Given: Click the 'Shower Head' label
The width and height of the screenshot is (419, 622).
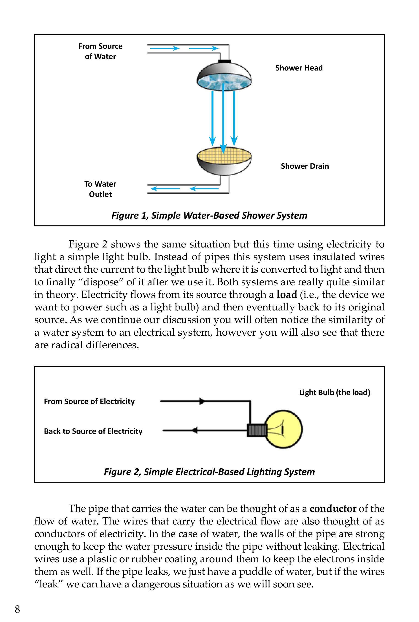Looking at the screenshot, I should tap(299, 68).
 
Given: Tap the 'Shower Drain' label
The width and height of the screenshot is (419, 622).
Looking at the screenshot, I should tap(305, 166).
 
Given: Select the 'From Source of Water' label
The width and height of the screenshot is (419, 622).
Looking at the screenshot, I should tap(100, 51).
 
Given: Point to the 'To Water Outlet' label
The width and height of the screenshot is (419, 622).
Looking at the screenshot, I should tap(100, 189).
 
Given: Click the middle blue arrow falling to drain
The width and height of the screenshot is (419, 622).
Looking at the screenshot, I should tap(223, 120).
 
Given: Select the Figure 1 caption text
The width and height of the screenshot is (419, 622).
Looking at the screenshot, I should tap(209, 215).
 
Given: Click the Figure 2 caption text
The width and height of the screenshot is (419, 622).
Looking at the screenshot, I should tap(209, 472).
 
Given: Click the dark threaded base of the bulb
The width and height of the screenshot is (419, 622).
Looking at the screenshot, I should tap(257, 430).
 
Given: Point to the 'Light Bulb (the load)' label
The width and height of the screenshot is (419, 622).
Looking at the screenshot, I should tap(335, 392).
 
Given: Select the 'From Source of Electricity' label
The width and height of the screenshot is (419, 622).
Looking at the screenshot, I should tap(89, 402).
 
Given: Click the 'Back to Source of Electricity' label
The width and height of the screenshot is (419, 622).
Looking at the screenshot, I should tap(93, 431).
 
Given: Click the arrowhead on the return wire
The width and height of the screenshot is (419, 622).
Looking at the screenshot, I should tap(195, 430).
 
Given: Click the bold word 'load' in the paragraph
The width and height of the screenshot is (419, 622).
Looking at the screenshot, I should tap(287, 295).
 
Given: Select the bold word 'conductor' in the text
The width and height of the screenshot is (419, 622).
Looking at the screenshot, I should tap(333, 509).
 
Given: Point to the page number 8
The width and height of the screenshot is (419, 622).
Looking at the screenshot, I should tap(17, 609).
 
